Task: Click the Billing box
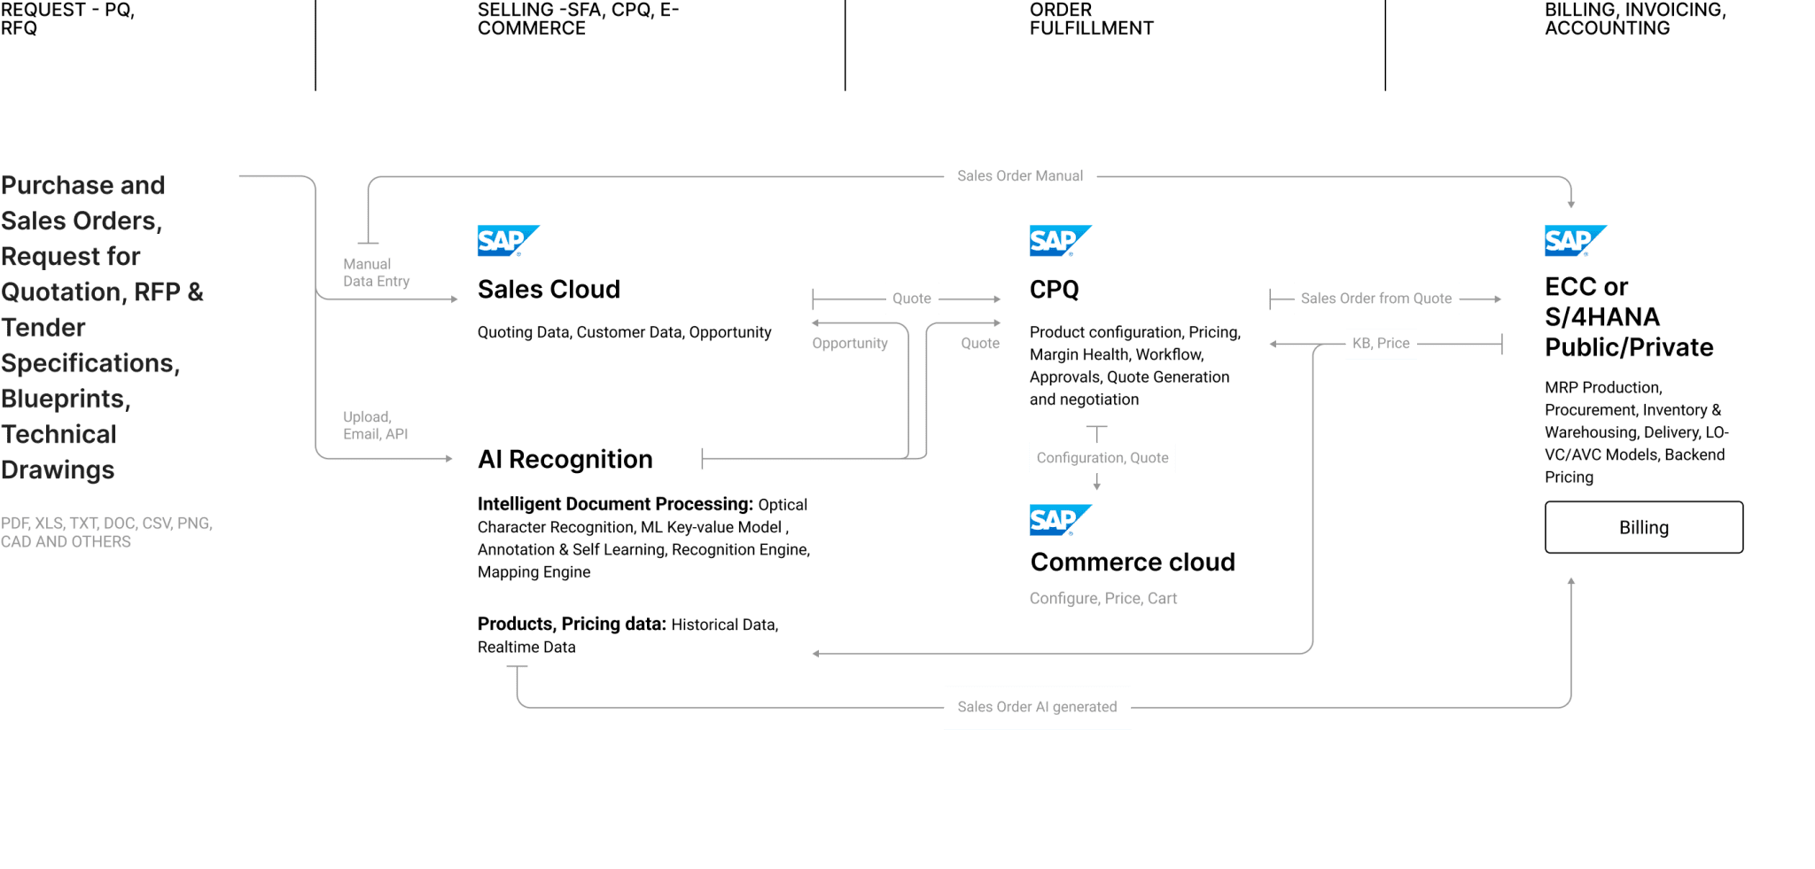click(x=1643, y=528)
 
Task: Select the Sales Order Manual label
click(x=1019, y=176)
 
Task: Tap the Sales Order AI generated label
click(x=1037, y=707)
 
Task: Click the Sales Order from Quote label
click(x=1375, y=299)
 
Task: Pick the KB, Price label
click(x=1380, y=343)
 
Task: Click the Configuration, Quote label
click(x=1102, y=458)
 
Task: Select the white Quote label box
click(x=911, y=299)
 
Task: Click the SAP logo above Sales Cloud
click(x=507, y=241)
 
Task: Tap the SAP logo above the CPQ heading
click(x=1059, y=241)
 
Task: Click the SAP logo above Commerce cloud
click(x=1059, y=520)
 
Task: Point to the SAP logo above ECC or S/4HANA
click(x=1575, y=241)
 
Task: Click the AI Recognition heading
click(x=565, y=460)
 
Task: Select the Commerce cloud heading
click(x=1133, y=563)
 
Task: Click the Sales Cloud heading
click(x=549, y=290)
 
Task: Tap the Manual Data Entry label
click(x=376, y=273)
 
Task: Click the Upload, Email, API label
click(x=375, y=425)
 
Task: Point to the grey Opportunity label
click(x=849, y=344)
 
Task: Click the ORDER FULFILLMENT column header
click(x=1091, y=19)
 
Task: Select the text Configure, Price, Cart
click(x=1102, y=599)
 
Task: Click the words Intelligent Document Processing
click(x=614, y=505)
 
